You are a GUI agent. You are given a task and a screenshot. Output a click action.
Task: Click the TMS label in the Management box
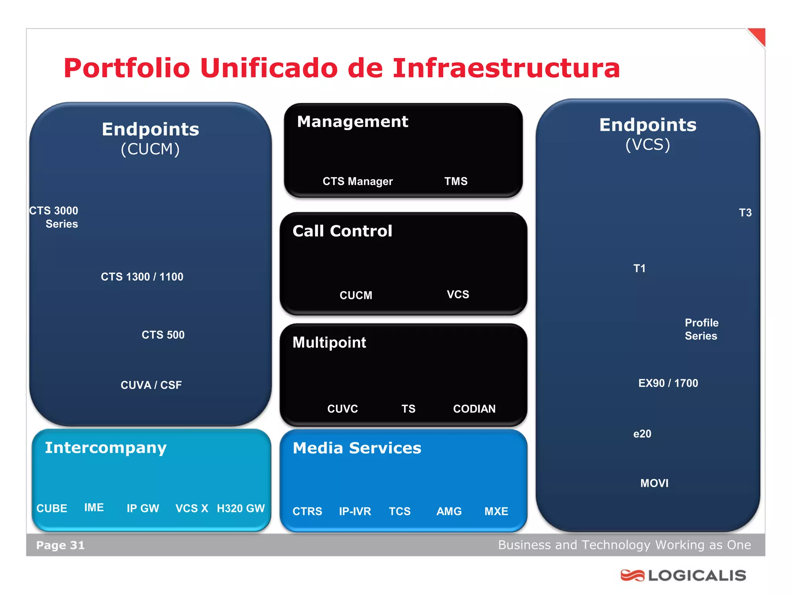point(456,181)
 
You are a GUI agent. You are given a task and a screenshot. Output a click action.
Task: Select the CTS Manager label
point(357,181)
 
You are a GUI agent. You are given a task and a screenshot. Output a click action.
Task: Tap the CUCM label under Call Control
point(356,295)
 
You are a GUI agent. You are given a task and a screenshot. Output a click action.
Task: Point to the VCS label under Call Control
point(458,294)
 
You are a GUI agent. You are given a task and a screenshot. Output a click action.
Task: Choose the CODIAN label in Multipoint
point(474,409)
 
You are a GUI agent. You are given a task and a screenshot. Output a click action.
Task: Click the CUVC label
point(343,409)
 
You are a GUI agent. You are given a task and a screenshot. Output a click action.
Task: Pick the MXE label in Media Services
point(496,511)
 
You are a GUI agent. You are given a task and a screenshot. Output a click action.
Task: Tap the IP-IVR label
point(355,511)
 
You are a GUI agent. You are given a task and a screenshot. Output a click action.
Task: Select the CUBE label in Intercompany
point(52,508)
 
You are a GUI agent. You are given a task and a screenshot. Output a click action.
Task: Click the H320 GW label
point(241,508)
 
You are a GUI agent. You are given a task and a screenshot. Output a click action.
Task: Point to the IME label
point(94,507)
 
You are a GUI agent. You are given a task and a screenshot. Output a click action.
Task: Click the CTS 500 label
point(163,335)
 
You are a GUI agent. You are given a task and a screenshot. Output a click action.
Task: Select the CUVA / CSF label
point(151,385)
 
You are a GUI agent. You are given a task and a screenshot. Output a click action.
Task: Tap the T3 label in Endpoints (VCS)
point(745,212)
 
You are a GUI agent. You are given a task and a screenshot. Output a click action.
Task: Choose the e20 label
point(642,434)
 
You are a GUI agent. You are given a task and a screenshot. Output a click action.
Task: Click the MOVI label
point(654,483)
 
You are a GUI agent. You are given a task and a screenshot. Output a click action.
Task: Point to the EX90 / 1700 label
point(668,383)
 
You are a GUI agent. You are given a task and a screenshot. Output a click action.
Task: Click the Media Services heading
point(357,448)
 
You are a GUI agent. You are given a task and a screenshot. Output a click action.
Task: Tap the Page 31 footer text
point(60,545)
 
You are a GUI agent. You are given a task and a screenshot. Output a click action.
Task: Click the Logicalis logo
point(683,575)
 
